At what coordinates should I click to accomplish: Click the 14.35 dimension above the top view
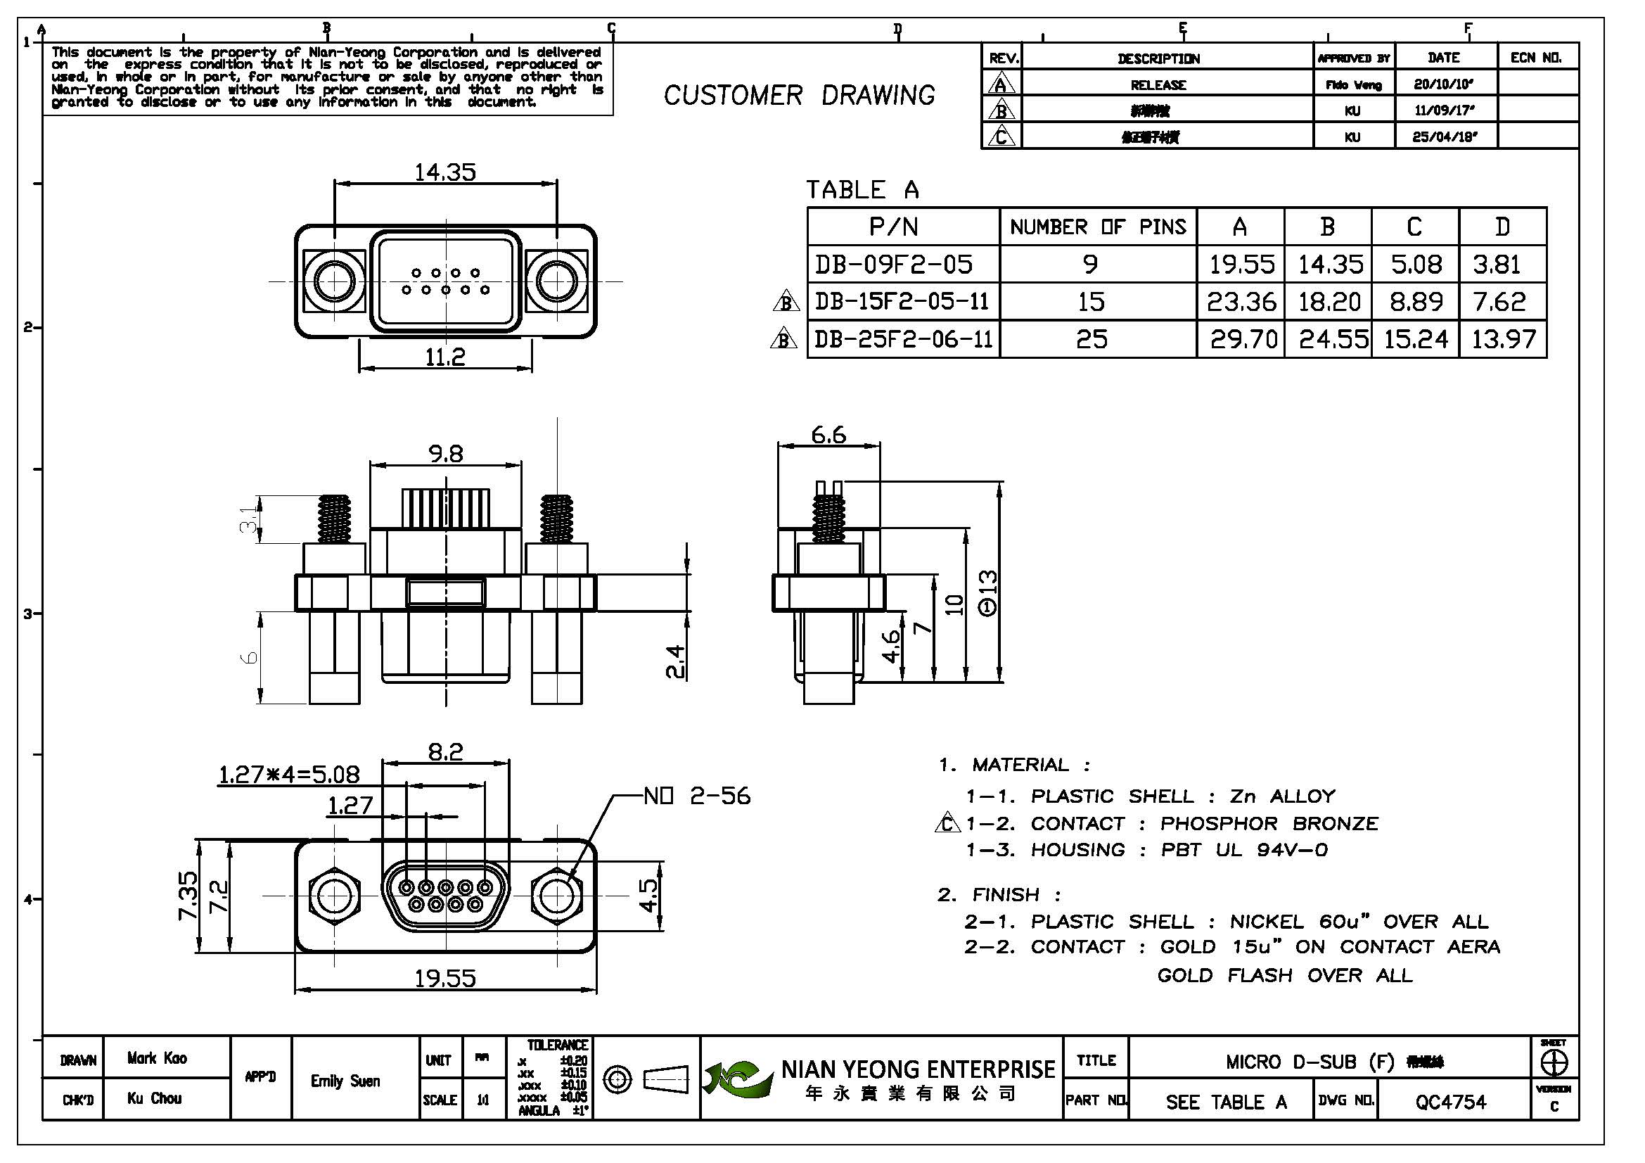pyautogui.click(x=445, y=172)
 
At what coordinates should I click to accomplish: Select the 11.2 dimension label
pyautogui.click(x=445, y=356)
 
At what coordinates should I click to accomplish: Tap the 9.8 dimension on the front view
pyautogui.click(x=446, y=454)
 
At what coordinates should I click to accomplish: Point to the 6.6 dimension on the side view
pyautogui.click(x=828, y=435)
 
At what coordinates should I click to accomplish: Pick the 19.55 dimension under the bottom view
pyautogui.click(x=445, y=978)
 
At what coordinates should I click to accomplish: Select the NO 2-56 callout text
pyautogui.click(x=696, y=796)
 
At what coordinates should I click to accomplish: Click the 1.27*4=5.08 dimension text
pyautogui.click(x=289, y=775)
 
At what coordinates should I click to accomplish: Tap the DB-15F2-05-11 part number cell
pyautogui.click(x=902, y=301)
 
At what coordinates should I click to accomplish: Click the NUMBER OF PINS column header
pyautogui.click(x=1098, y=227)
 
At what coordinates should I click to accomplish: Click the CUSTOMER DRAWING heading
pyautogui.click(x=799, y=95)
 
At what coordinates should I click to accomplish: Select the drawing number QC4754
pyautogui.click(x=1450, y=1101)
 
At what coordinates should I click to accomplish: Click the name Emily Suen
pyautogui.click(x=345, y=1081)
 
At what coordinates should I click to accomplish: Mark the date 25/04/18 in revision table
pyautogui.click(x=1444, y=136)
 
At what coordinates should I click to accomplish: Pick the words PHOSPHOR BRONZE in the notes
pyautogui.click(x=1269, y=823)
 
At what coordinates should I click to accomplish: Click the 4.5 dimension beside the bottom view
pyautogui.click(x=648, y=896)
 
